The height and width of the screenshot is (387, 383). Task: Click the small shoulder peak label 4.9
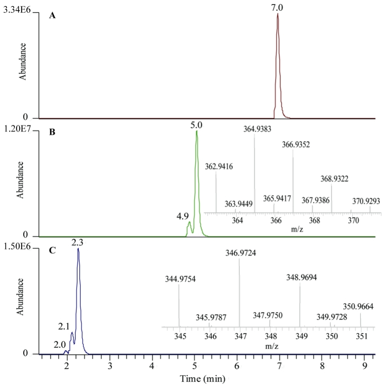(x=183, y=216)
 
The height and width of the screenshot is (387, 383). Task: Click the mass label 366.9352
(x=296, y=144)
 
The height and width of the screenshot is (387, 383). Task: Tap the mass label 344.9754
(x=180, y=279)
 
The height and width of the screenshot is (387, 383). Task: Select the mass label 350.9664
(x=358, y=307)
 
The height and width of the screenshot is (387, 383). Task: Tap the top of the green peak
(x=197, y=131)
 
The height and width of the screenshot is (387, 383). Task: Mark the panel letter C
(x=52, y=250)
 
